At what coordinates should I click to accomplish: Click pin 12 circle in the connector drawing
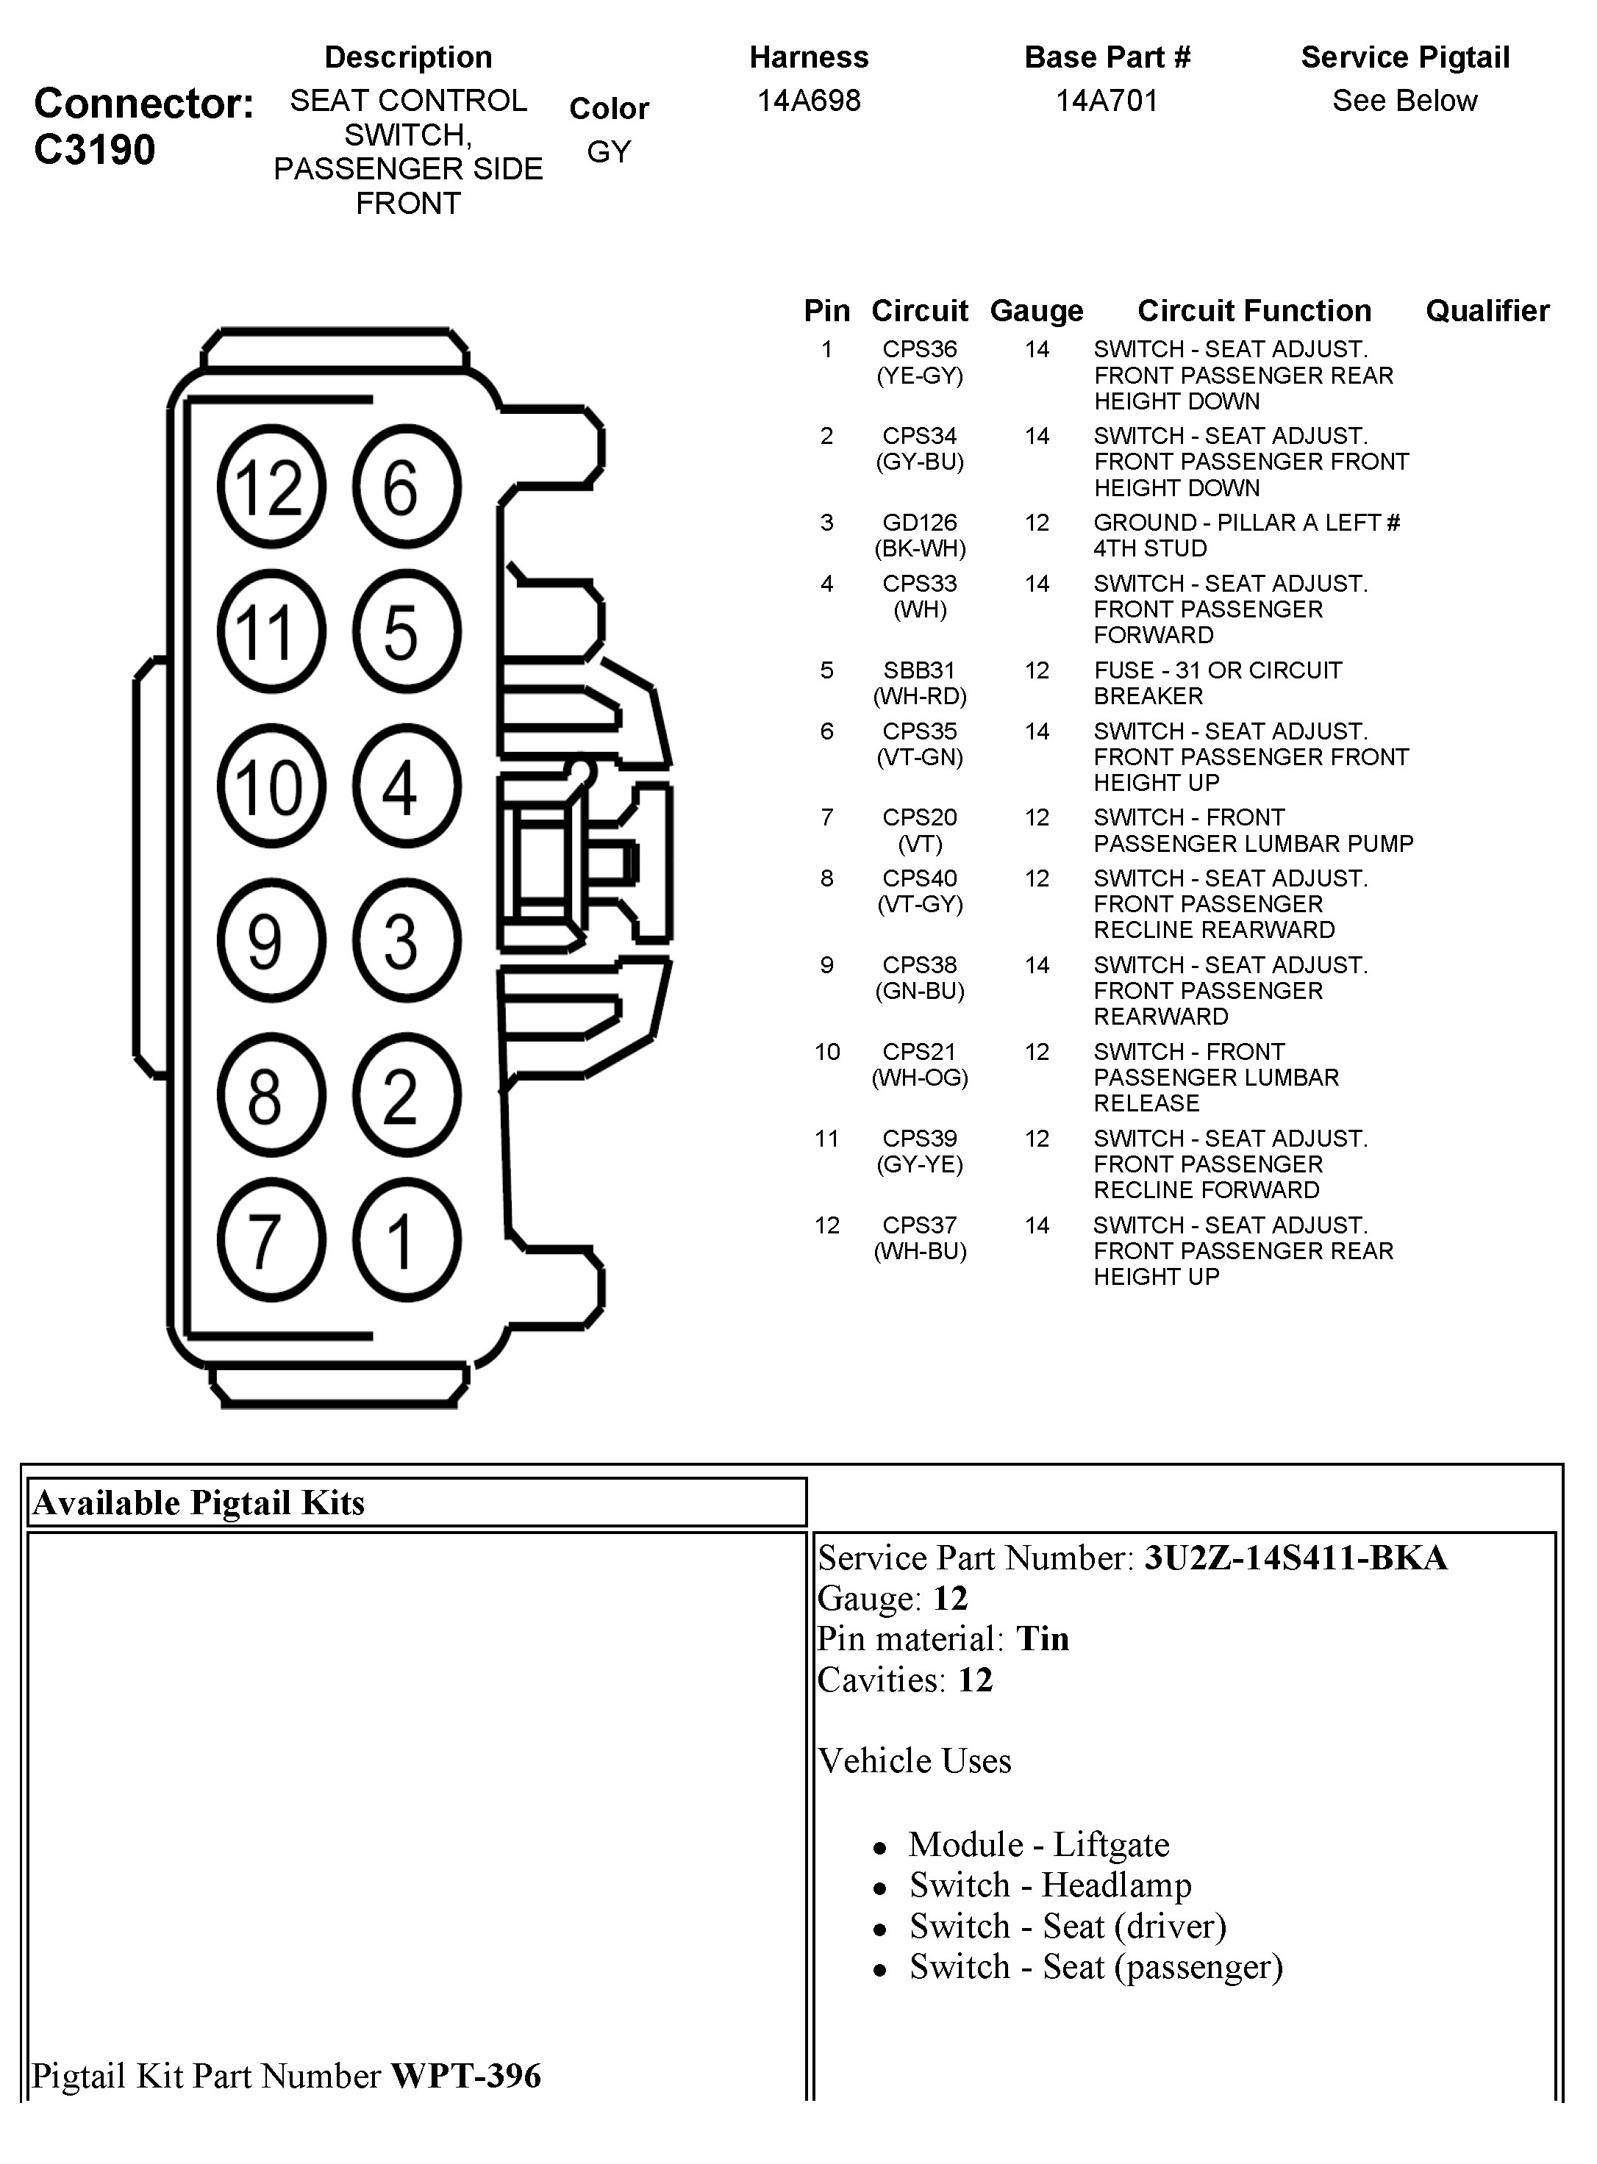pyautogui.click(x=271, y=486)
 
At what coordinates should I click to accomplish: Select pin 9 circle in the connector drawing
pyautogui.click(x=271, y=940)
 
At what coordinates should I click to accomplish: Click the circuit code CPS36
pyautogui.click(x=919, y=349)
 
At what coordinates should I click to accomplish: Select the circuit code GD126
pyautogui.click(x=919, y=523)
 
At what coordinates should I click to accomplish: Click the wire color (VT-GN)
pyautogui.click(x=919, y=757)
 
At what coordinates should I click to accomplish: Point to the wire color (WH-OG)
pyautogui.click(x=919, y=1078)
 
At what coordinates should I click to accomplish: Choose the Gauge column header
pyautogui.click(x=1036, y=310)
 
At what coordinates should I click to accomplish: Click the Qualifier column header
pyautogui.click(x=1487, y=310)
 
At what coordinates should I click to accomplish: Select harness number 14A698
pyautogui.click(x=809, y=101)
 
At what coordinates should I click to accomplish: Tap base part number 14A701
pyautogui.click(x=1107, y=101)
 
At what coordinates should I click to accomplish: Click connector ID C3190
pyautogui.click(x=95, y=150)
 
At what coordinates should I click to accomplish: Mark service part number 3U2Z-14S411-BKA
pyautogui.click(x=1296, y=1558)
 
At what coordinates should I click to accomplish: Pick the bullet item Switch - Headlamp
pyautogui.click(x=1050, y=1885)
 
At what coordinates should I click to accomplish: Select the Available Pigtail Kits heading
pyautogui.click(x=199, y=1503)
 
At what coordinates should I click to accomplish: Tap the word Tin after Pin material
pyautogui.click(x=1042, y=1639)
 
